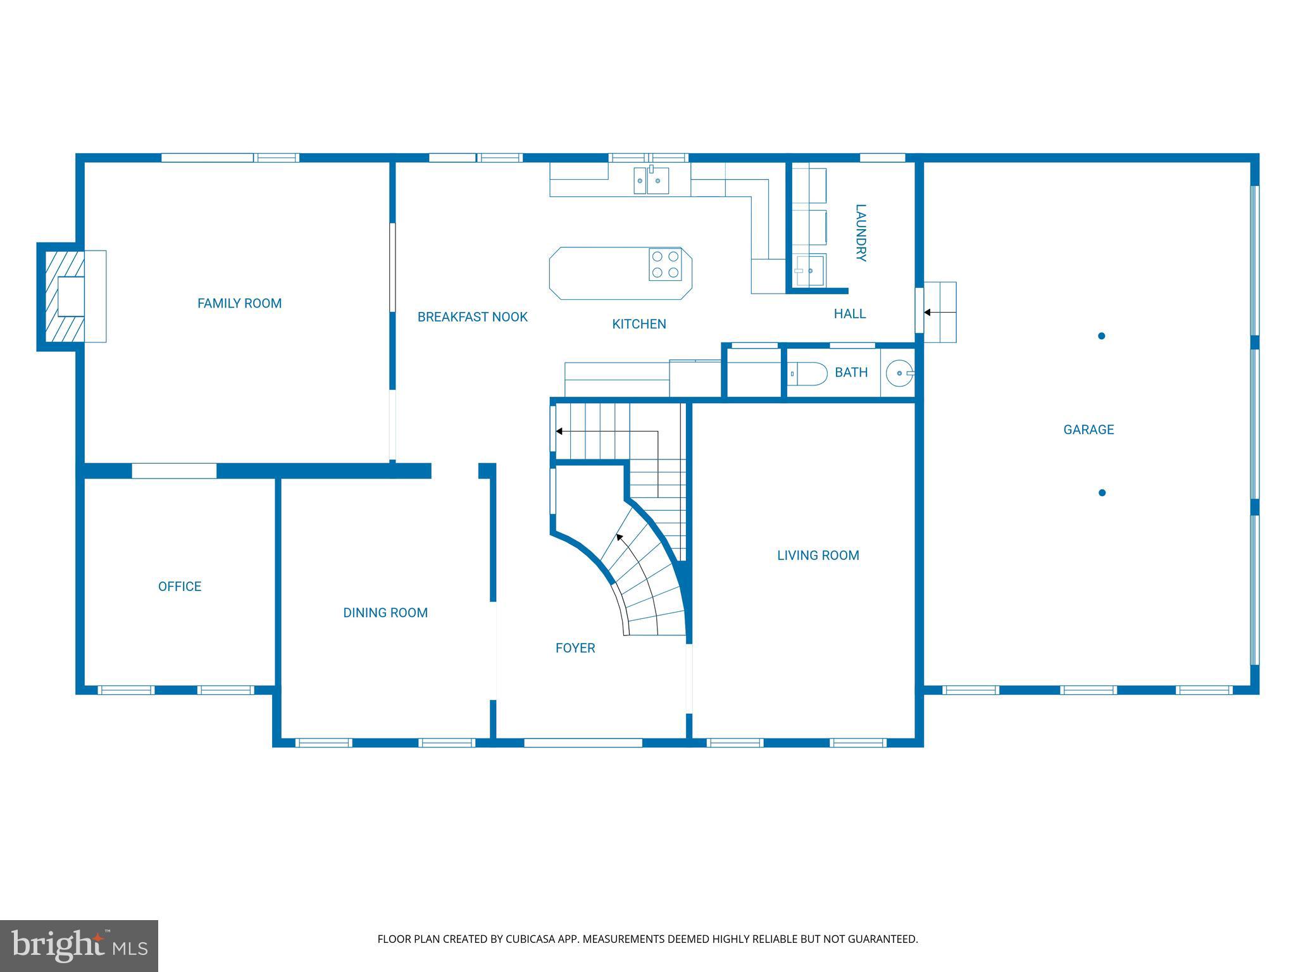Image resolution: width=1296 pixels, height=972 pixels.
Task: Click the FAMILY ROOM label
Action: tap(239, 303)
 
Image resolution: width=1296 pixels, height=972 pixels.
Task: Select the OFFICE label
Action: tap(180, 587)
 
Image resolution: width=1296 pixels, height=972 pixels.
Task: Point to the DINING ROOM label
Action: tap(385, 613)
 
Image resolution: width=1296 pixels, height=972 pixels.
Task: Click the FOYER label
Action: tap(575, 648)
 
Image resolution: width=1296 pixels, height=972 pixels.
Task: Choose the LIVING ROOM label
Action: tap(818, 556)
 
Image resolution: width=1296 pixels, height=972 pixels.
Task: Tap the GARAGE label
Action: tap(1088, 430)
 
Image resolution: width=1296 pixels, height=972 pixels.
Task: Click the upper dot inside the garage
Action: tap(1101, 336)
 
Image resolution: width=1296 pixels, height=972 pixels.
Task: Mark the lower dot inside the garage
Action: tap(1102, 493)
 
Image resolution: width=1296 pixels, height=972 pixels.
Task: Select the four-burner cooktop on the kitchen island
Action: tap(664, 265)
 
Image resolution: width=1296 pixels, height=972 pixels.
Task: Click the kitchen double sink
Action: tap(651, 180)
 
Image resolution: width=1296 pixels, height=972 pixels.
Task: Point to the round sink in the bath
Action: tap(899, 373)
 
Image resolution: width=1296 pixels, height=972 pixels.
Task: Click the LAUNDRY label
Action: tap(860, 233)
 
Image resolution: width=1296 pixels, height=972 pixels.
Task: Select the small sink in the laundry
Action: tap(809, 270)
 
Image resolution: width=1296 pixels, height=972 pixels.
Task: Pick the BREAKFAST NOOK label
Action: tap(472, 317)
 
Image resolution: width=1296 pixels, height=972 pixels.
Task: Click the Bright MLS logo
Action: tap(78, 945)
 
